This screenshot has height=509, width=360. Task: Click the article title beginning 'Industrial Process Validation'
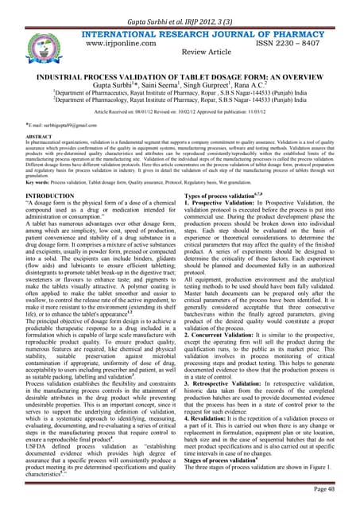[180, 76]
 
